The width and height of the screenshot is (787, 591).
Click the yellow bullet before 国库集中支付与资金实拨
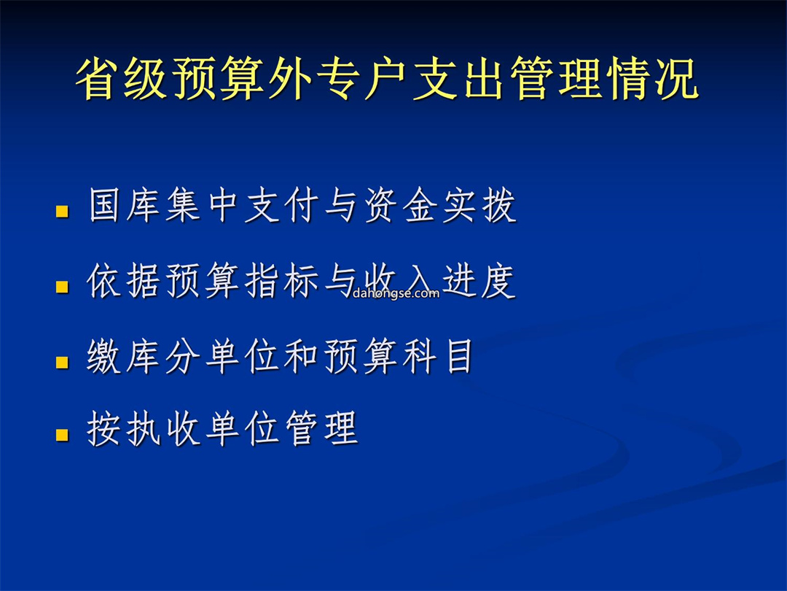coord(62,211)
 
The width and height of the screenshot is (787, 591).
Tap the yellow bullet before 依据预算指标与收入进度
coord(62,287)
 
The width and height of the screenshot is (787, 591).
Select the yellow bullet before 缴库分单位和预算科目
coord(62,362)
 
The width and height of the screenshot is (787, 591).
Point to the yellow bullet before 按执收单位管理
coord(62,434)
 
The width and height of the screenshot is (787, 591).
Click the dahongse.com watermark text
coord(396,293)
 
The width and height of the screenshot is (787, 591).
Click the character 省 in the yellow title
coord(96,80)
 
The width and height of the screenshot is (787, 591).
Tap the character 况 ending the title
coord(677,80)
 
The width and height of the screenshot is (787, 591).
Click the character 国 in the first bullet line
coord(105,206)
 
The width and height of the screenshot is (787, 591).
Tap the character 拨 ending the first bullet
coord(499,206)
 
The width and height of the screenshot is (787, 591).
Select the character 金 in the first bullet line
coord(420,206)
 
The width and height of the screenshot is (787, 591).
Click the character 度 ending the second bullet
coord(498,281)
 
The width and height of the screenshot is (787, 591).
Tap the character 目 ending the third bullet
coord(460,356)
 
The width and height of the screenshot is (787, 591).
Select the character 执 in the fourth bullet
coord(144,429)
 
